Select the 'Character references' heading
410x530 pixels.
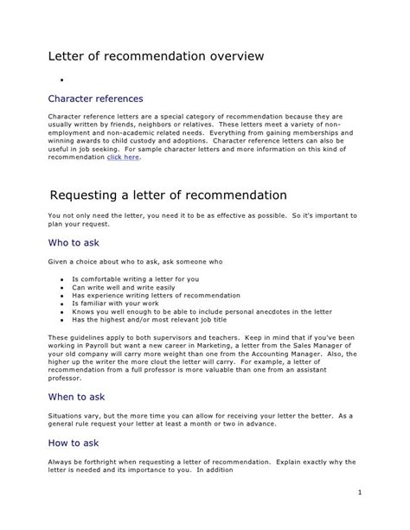(95, 99)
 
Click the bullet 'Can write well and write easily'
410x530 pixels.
(125, 287)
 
